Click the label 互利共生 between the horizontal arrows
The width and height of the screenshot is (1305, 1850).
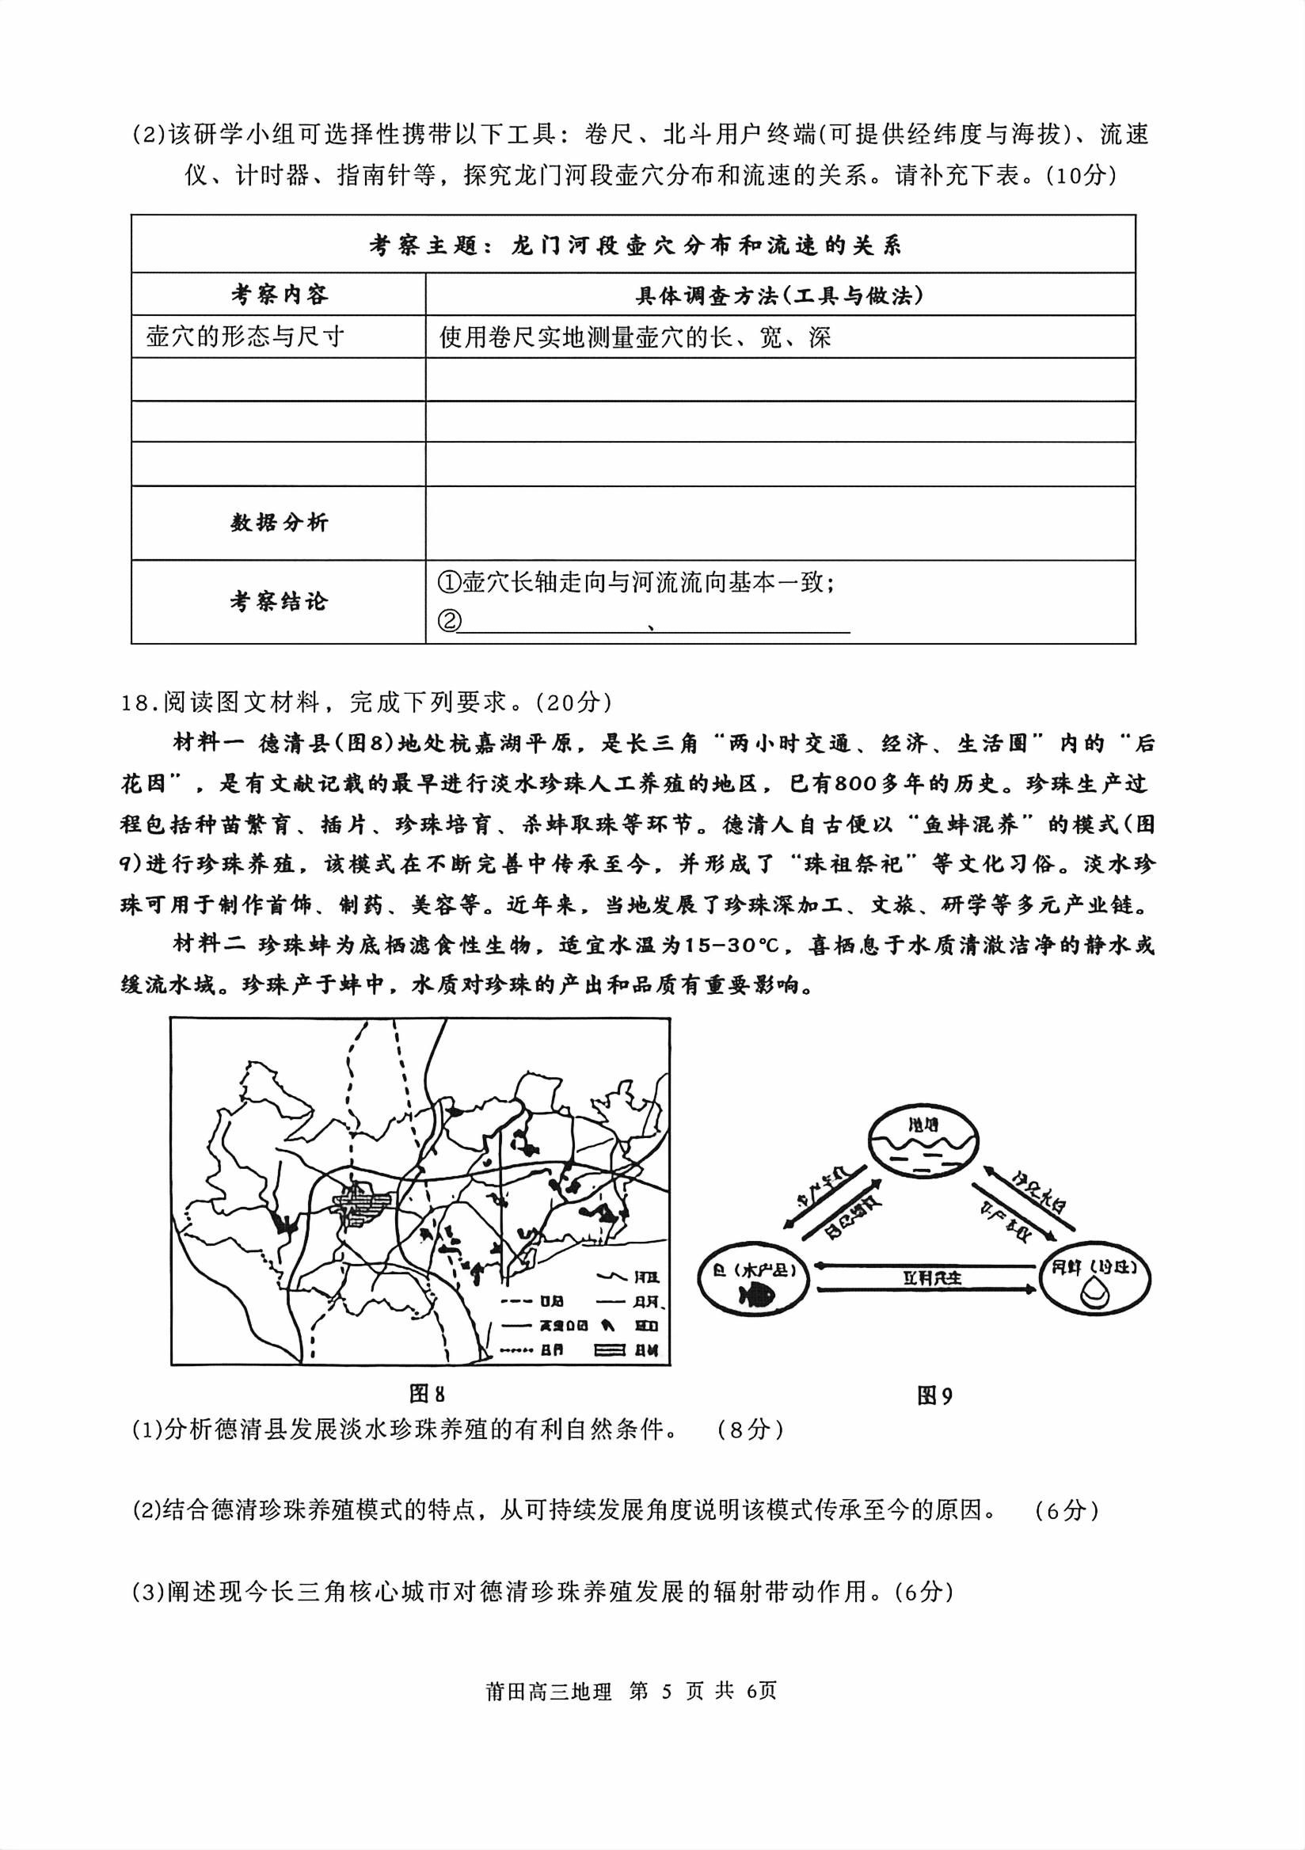(931, 1278)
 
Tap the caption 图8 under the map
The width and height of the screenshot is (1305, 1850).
(427, 1394)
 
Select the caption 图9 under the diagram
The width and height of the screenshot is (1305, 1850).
(934, 1395)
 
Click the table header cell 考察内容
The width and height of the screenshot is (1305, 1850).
(279, 295)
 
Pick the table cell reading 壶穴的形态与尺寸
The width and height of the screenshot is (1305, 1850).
(245, 337)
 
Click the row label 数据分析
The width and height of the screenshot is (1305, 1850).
(279, 523)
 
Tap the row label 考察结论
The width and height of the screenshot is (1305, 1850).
(279, 601)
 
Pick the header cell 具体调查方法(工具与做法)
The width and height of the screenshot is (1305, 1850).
(779, 295)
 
